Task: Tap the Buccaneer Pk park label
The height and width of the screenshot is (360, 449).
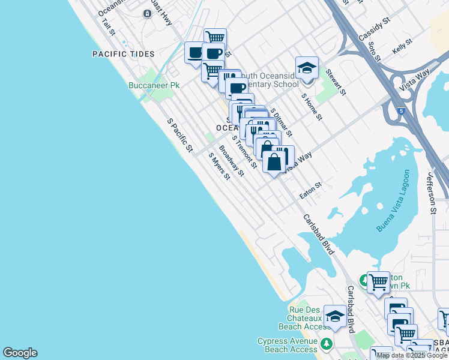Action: pyautogui.click(x=154, y=86)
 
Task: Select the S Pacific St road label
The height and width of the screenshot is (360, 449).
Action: pyautogui.click(x=180, y=135)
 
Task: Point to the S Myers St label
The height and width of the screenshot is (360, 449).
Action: pyautogui.click(x=219, y=166)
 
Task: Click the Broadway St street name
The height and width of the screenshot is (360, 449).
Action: pyautogui.click(x=232, y=161)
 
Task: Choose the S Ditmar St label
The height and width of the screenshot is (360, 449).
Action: pyautogui.click(x=282, y=122)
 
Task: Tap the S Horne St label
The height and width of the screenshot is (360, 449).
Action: pyautogui.click(x=312, y=106)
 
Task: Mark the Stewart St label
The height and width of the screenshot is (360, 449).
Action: pyautogui.click(x=336, y=82)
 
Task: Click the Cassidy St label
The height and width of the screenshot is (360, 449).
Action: pyautogui.click(x=375, y=28)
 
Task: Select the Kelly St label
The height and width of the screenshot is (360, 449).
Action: pyautogui.click(x=402, y=47)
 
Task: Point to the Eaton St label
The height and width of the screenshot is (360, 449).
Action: pyautogui.click(x=311, y=191)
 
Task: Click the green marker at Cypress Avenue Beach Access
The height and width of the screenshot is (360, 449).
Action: pyautogui.click(x=326, y=344)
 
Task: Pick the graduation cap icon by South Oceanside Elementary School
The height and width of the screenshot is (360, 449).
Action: pyautogui.click(x=307, y=68)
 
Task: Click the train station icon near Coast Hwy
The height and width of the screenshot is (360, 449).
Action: pyautogui.click(x=146, y=14)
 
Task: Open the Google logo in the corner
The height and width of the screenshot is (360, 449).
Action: pyautogui.click(x=20, y=353)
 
